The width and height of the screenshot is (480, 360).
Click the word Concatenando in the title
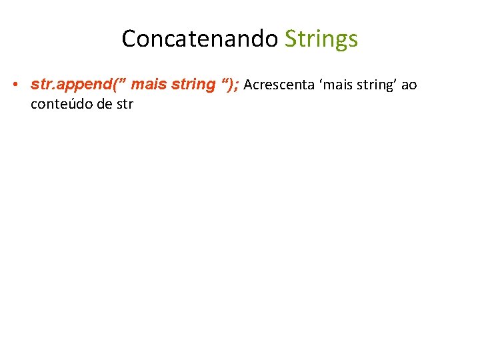tap(199, 39)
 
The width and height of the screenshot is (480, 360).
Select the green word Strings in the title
tap(321, 39)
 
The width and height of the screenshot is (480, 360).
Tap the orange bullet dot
tap(14, 85)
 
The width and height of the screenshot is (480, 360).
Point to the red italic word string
tap(193, 85)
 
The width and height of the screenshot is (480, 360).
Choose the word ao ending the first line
tap(409, 85)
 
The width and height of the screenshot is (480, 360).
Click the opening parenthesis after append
tap(113, 85)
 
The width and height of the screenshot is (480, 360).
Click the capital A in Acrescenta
tap(249, 85)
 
